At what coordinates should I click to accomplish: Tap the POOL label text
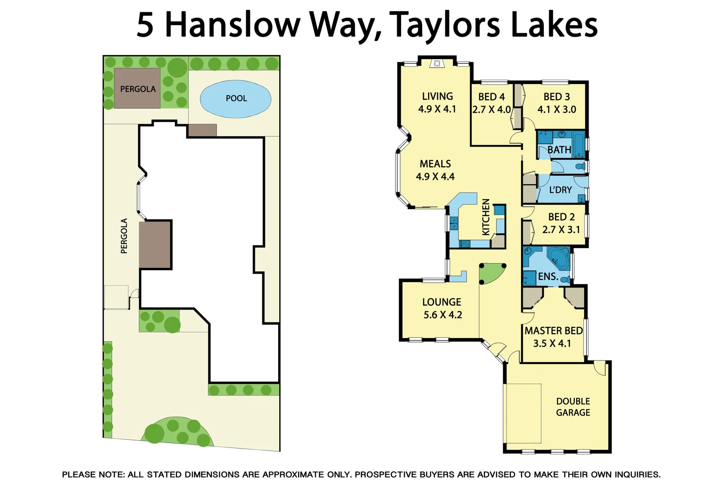pyautogui.click(x=236, y=98)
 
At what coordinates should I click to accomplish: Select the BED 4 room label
pyautogui.click(x=491, y=97)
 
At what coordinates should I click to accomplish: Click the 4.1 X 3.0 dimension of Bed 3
pyautogui.click(x=556, y=110)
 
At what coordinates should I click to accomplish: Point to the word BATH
pyautogui.click(x=559, y=150)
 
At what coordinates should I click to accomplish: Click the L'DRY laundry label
pyautogui.click(x=560, y=190)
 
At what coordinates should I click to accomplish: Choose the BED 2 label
pyautogui.click(x=561, y=217)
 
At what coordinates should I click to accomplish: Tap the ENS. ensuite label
pyautogui.click(x=548, y=277)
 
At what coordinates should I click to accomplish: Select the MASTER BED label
pyautogui.click(x=553, y=331)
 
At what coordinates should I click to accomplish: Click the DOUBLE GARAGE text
pyautogui.click(x=573, y=407)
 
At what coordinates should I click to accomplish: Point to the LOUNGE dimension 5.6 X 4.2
pyautogui.click(x=442, y=315)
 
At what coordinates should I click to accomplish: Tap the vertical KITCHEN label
pyautogui.click(x=486, y=217)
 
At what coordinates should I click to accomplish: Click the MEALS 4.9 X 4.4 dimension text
pyautogui.click(x=435, y=177)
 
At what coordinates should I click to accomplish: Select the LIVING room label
pyautogui.click(x=437, y=97)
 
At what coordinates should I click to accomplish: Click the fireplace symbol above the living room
pyautogui.click(x=437, y=64)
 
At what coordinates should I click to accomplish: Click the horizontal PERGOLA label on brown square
pyautogui.click(x=138, y=89)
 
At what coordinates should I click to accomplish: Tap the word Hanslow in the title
pyautogui.click(x=233, y=25)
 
